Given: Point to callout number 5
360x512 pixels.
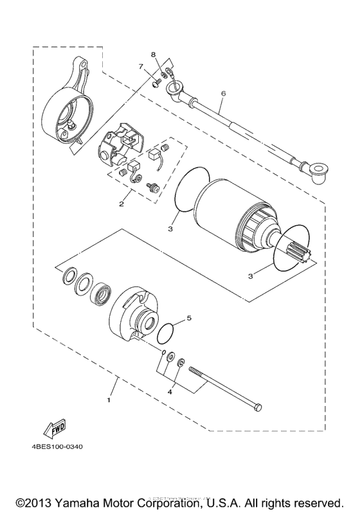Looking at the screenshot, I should click(189, 317).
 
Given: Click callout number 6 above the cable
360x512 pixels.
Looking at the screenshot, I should click(223, 93).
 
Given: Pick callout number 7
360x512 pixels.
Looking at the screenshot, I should click(139, 66).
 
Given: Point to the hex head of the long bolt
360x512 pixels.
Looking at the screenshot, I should click(258, 408).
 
